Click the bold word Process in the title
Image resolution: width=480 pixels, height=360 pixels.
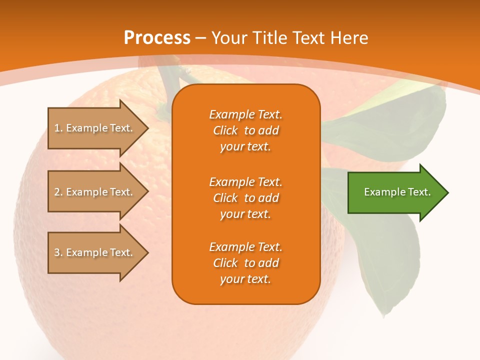tap(157, 38)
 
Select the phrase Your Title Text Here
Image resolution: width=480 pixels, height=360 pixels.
tap(289, 38)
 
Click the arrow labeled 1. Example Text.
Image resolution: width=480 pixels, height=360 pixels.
tap(95, 128)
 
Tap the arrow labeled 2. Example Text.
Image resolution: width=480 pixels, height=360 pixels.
tap(95, 192)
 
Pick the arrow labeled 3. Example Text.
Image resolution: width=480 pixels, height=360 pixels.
tap(95, 252)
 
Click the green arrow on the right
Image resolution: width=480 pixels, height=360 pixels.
tap(395, 192)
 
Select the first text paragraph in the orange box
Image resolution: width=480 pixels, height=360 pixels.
tap(245, 130)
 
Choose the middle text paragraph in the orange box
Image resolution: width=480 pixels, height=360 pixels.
tap(245, 198)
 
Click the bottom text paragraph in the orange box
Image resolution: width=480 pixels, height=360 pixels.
tap(245, 263)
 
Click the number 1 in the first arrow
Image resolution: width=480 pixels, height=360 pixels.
tap(57, 128)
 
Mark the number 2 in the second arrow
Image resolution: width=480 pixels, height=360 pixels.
tap(57, 192)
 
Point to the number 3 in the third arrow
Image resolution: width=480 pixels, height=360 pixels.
tap(57, 252)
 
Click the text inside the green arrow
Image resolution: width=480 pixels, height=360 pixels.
tap(397, 192)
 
